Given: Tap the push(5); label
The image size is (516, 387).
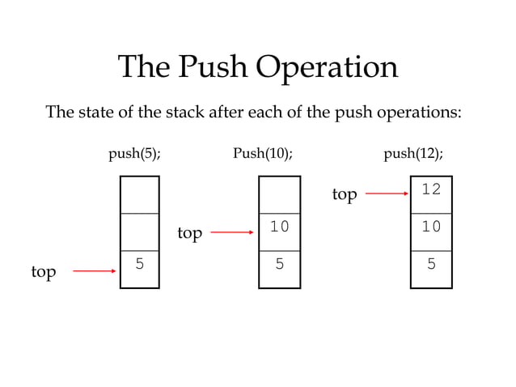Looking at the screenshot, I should tap(134, 154).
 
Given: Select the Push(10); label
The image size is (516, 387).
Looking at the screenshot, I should tap(262, 154).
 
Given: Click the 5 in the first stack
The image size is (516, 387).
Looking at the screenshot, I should tap(140, 263).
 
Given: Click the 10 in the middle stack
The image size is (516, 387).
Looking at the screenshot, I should tap(279, 227).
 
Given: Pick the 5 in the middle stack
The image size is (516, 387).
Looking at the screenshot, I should tap(279, 263).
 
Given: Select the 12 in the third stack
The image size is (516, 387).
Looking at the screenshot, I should tap(431, 189).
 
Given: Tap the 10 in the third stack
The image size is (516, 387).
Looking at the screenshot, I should tap(431, 227).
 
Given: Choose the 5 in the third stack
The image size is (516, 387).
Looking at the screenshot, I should tap(431, 263).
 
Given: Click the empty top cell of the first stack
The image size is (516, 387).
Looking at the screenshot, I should tap(140, 194).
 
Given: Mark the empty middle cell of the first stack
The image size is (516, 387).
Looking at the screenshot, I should tap(140, 232).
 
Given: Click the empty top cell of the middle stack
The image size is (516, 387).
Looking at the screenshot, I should tap(279, 194).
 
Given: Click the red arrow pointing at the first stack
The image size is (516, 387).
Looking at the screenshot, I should tap(95, 270).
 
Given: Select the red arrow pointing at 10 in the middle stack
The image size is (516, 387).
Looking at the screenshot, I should tap(232, 233).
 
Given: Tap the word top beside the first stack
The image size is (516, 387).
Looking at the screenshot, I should tap(44, 272).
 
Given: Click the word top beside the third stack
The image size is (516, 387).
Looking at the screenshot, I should tap(345, 195).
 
